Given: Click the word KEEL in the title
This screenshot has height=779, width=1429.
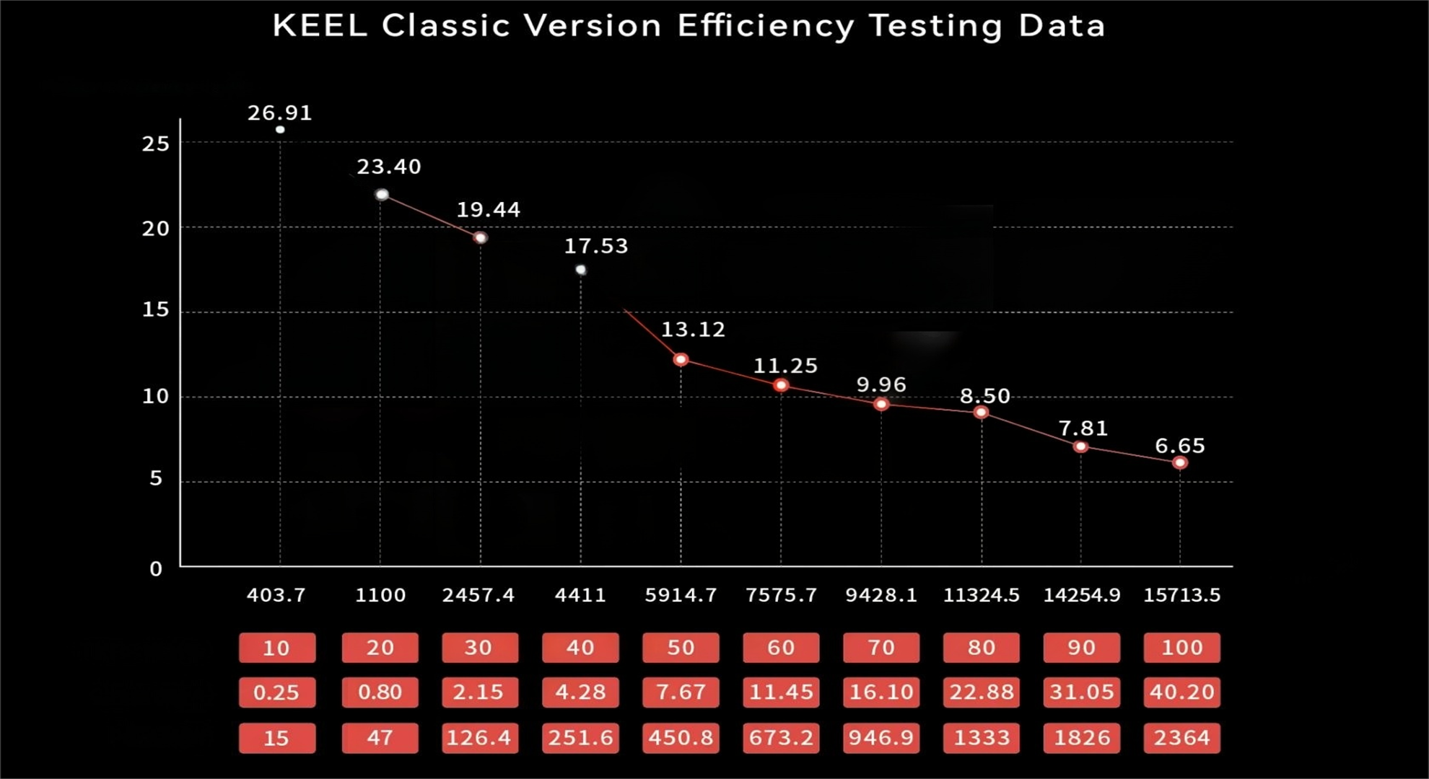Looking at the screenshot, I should tap(320, 26).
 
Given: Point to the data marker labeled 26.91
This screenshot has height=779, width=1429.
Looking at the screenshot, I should tap(280, 130).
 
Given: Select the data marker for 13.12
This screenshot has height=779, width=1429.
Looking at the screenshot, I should tap(681, 359).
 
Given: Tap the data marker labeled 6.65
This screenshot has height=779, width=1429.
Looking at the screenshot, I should tap(1180, 462).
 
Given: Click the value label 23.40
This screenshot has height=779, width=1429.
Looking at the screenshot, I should tap(388, 167).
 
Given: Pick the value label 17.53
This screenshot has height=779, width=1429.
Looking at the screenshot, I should tap(595, 246).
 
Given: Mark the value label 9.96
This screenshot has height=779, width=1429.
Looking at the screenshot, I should tap(880, 384).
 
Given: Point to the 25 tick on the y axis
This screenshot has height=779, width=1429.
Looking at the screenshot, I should tap(155, 144).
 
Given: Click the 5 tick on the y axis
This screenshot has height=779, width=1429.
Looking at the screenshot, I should tap(156, 479).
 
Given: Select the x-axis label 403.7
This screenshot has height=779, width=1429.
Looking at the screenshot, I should tap(276, 595).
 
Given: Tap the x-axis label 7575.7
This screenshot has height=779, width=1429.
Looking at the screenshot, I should tap(781, 595).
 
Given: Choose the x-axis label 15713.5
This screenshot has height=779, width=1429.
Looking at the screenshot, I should tap(1181, 595).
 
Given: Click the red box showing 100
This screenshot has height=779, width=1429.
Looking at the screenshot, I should tap(1181, 648).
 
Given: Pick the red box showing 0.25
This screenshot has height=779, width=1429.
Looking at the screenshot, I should tap(276, 692).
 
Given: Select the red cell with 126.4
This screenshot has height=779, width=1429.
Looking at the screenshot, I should tap(478, 738).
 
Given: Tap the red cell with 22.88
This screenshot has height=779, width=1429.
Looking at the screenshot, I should tap(981, 692).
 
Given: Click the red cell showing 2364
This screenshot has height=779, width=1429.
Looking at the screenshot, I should tap(1181, 738).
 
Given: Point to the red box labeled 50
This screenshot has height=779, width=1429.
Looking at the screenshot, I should tap(681, 648).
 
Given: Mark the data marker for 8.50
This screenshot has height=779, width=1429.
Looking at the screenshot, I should tap(981, 413).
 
